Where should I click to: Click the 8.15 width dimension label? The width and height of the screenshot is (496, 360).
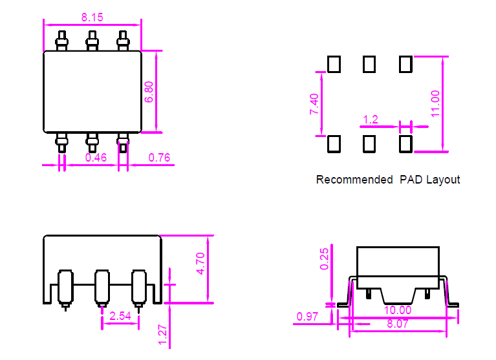pyautogui.click(x=92, y=17)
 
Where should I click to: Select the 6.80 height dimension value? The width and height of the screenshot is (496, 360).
pyautogui.click(x=149, y=92)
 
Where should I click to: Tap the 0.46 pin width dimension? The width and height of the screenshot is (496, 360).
pyautogui.click(x=96, y=158)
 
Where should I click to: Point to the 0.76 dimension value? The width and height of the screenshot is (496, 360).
pyautogui.click(x=159, y=158)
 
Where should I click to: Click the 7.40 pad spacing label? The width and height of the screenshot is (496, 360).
pyautogui.click(x=314, y=104)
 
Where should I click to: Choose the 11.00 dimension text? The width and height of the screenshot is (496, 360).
pyautogui.click(x=435, y=103)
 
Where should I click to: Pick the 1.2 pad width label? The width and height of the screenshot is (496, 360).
pyautogui.click(x=371, y=120)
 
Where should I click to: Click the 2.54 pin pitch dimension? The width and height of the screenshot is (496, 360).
pyautogui.click(x=120, y=316)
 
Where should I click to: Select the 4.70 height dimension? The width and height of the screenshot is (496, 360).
pyautogui.click(x=200, y=264)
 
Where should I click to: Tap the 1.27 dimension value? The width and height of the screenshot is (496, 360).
pyautogui.click(x=162, y=335)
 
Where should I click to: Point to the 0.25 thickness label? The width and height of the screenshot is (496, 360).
pyautogui.click(x=324, y=259)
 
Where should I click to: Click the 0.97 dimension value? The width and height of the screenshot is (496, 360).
pyautogui.click(x=307, y=317)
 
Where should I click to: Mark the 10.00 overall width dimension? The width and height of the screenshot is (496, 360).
pyautogui.click(x=398, y=310)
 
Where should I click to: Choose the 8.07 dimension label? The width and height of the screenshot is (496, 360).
pyautogui.click(x=398, y=324)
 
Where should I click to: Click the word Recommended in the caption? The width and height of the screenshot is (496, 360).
pyautogui.click(x=354, y=180)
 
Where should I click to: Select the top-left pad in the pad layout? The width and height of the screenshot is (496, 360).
pyautogui.click(x=334, y=64)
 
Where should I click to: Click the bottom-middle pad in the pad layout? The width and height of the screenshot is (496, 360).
pyautogui.click(x=369, y=144)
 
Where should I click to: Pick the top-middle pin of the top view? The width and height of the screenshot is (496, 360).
pyautogui.click(x=92, y=41)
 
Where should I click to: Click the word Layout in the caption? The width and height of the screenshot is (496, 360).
pyautogui.click(x=443, y=180)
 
